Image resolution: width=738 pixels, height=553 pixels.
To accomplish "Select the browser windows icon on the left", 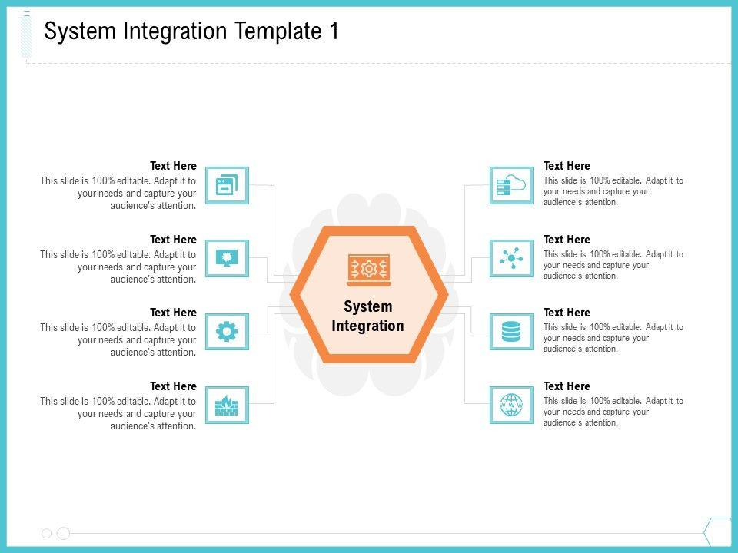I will tap(227, 185).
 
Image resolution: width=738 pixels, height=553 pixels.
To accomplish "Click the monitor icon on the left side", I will tap(227, 258).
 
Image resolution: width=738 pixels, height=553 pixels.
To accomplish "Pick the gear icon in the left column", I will tap(227, 332).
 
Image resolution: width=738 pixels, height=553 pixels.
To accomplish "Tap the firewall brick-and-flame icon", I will tap(227, 405).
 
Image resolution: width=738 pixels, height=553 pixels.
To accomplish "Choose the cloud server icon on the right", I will tap(511, 185).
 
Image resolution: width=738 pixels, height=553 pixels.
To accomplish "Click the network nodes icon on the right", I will tap(511, 258).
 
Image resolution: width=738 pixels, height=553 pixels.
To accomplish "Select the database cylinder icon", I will tap(511, 332).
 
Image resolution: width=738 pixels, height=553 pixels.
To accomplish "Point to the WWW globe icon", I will tap(511, 405).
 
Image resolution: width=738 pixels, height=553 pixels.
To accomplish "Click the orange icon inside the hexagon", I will tap(369, 270).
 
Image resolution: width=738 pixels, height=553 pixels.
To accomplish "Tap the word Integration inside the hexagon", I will tap(367, 326).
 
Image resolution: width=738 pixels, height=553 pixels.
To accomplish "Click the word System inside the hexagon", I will tap(367, 306).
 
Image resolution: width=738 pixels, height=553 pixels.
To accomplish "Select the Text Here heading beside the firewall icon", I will tap(173, 386).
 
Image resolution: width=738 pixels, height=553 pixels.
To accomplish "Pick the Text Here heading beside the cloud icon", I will tap(567, 166).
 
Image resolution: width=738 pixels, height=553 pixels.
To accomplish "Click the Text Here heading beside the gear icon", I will tap(173, 313).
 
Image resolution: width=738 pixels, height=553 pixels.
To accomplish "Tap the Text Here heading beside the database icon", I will tap(567, 313).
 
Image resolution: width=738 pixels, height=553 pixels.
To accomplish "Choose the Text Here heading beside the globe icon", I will tap(567, 386).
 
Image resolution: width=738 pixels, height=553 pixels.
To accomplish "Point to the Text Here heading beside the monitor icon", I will tap(173, 240).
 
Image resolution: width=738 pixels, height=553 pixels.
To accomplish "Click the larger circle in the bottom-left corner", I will tap(64, 533).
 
